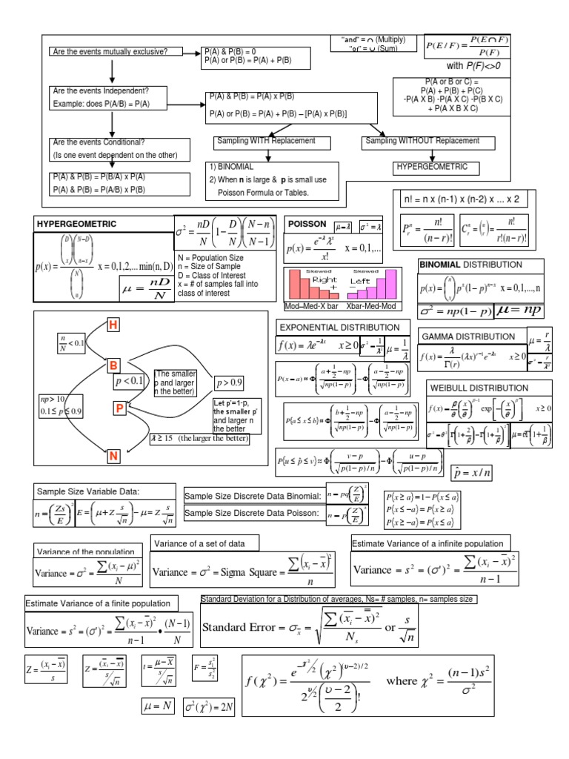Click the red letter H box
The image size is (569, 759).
pos(113,325)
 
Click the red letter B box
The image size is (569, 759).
pos(113,365)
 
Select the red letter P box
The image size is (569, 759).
pos(119,408)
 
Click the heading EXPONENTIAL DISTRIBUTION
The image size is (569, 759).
pos(333,327)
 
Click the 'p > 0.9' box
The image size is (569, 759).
pos(230,383)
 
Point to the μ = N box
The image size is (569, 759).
pos(157,706)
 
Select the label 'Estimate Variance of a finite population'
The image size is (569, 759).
pos(102,603)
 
